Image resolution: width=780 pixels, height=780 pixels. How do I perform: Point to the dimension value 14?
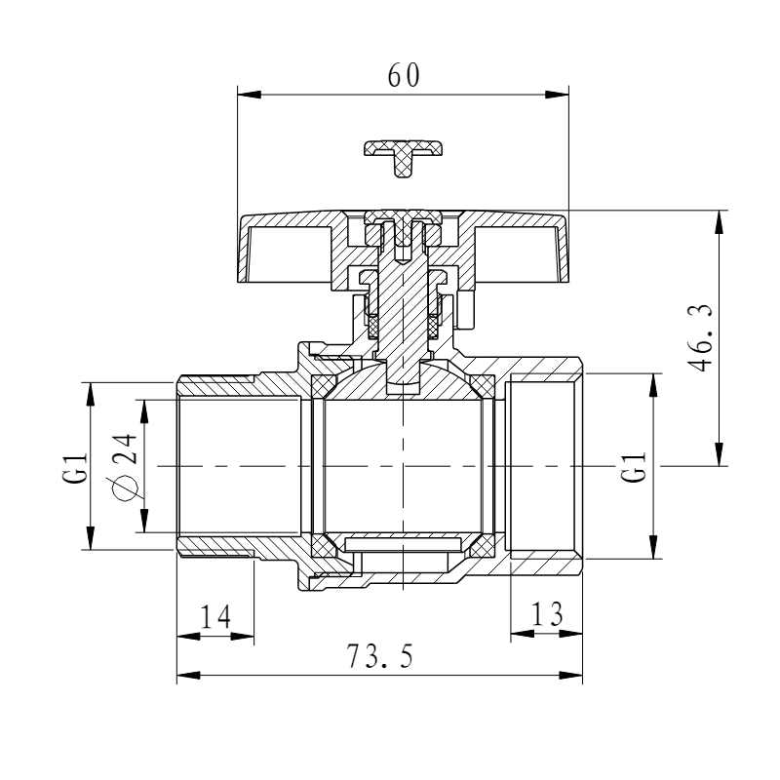point(215,617)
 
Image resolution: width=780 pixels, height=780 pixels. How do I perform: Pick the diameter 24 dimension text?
point(124,465)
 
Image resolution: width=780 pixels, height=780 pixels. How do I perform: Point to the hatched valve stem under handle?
point(403,312)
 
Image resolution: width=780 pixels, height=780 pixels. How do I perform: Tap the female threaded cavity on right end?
point(544,466)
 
